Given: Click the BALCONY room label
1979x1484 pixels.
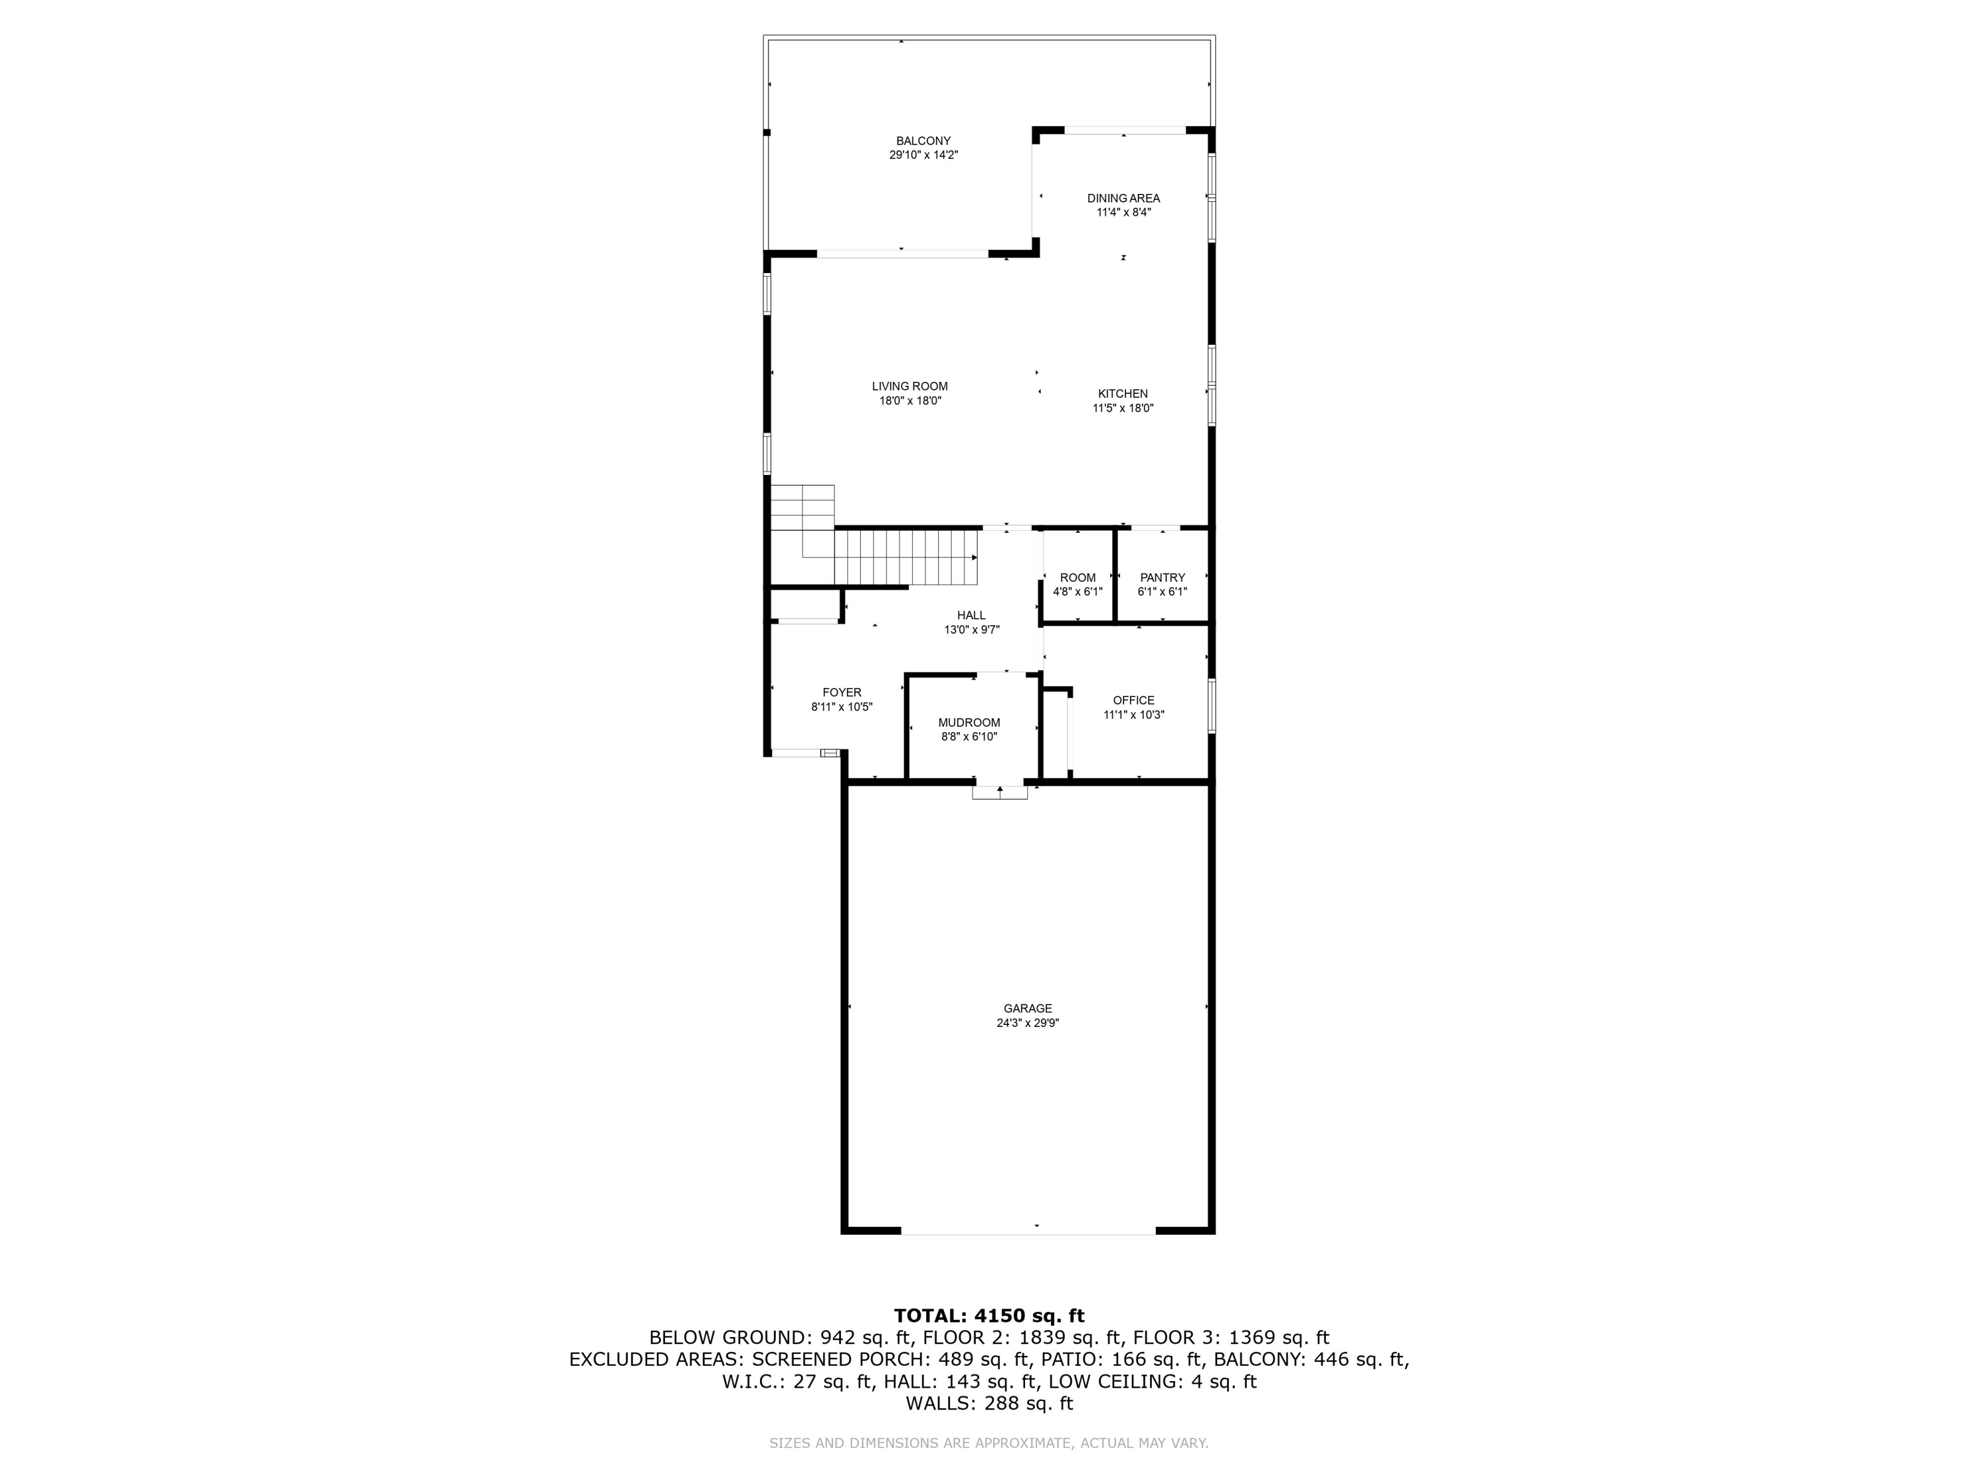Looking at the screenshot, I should pyautogui.click(x=924, y=141).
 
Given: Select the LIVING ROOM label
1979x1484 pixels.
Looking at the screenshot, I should pyautogui.click(x=910, y=386).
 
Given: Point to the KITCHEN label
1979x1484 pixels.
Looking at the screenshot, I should pyautogui.click(x=1123, y=394).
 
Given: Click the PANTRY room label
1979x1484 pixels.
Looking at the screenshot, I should pyautogui.click(x=1162, y=578).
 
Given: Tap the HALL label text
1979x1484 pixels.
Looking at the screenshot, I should pyautogui.click(x=971, y=615).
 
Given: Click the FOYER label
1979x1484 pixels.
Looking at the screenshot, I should pyautogui.click(x=842, y=693).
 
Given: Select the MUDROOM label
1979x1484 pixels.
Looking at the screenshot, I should pyautogui.click(x=969, y=723).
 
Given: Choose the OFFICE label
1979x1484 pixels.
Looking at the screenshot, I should pyautogui.click(x=1133, y=700).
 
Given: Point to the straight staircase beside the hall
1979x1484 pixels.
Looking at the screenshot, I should pyautogui.click(x=906, y=557).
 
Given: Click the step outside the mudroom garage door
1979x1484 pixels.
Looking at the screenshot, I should pyautogui.click(x=999, y=793).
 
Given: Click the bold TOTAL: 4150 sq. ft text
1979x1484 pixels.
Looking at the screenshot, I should pyautogui.click(x=989, y=1316).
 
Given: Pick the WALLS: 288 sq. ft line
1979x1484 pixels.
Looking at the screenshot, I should pyautogui.click(x=989, y=1404).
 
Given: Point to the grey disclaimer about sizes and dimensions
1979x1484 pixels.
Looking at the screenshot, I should pyautogui.click(x=989, y=1443).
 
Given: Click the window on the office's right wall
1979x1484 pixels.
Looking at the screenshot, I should pyautogui.click(x=1212, y=706).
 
